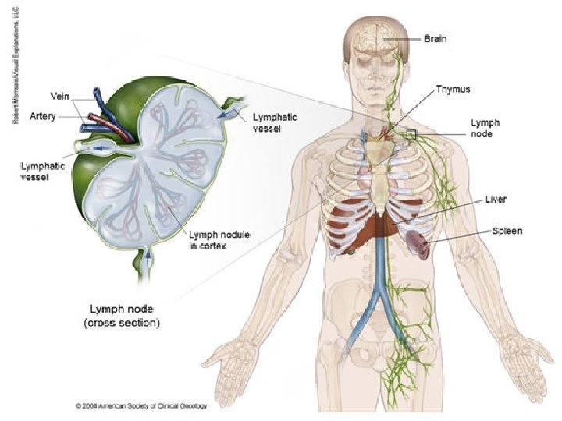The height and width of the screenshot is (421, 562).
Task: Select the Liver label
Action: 496,200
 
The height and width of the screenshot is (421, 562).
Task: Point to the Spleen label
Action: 507,232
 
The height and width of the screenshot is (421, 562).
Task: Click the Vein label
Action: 61,96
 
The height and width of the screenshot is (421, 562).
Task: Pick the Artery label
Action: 42,115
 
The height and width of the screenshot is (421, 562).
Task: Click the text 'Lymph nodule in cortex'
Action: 214,241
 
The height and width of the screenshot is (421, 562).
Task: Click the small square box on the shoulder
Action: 411,134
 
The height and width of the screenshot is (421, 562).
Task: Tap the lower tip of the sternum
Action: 379,213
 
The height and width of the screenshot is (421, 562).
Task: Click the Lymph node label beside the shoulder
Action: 483,128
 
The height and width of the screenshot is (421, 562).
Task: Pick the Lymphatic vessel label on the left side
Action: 38,171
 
